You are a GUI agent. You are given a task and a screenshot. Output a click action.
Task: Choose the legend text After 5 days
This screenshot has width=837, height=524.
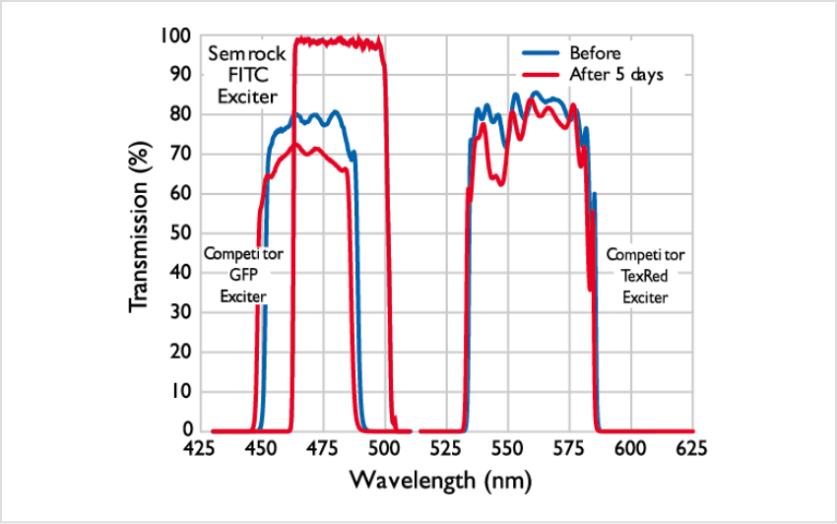pyautogui.click(x=616, y=75)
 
